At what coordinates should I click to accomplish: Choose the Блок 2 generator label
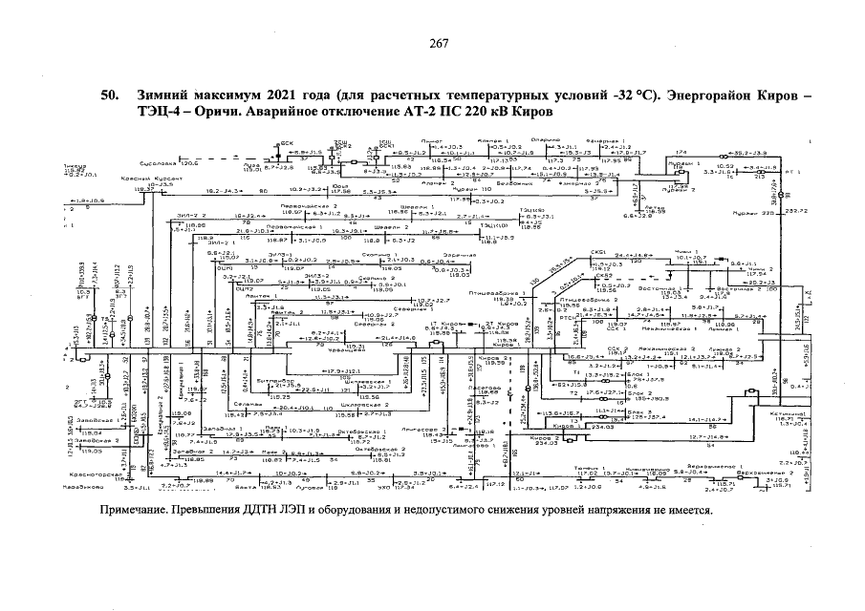pos(587,393)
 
